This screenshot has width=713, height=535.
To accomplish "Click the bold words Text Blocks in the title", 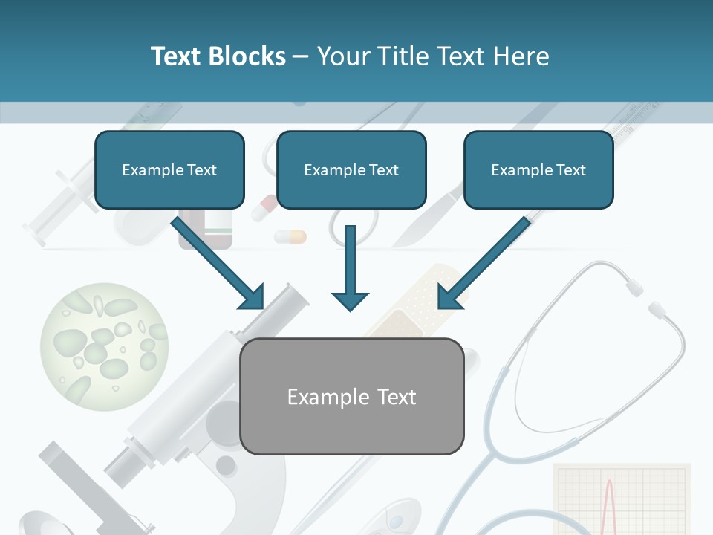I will click(x=218, y=56).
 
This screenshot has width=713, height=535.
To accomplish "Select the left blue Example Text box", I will click(x=169, y=170).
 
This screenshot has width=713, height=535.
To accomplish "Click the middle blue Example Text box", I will click(x=351, y=170).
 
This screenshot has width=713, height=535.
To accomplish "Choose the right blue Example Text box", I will click(x=538, y=170).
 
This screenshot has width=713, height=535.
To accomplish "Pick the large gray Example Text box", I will click(x=351, y=397).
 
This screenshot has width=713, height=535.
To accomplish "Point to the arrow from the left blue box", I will click(x=219, y=264).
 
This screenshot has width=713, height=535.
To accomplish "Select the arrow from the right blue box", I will click(x=483, y=264).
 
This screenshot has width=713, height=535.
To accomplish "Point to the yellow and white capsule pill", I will click(x=290, y=237).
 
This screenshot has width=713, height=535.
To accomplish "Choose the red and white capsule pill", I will click(x=263, y=208).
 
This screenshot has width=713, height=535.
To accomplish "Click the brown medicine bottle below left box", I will click(x=206, y=230).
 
